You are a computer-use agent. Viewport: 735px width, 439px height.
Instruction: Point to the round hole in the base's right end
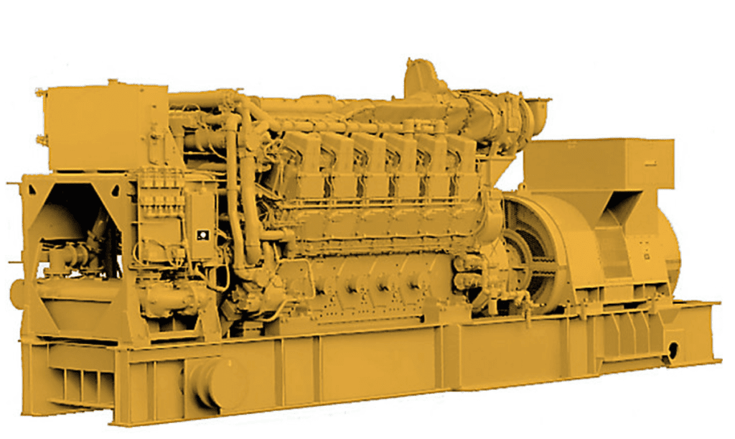click(673, 350)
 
